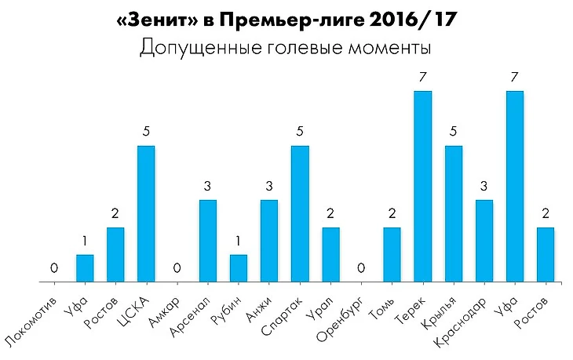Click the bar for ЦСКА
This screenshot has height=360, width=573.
(146, 213)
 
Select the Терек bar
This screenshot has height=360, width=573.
(423, 186)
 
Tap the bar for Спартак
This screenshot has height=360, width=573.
(300, 213)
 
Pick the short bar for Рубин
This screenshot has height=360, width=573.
(239, 268)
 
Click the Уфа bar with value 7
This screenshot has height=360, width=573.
(516, 186)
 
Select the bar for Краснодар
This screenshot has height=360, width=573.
(485, 241)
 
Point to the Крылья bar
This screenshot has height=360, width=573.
(454, 213)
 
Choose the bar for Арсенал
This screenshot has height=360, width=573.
(208, 241)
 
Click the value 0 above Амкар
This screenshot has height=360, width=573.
(177, 269)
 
